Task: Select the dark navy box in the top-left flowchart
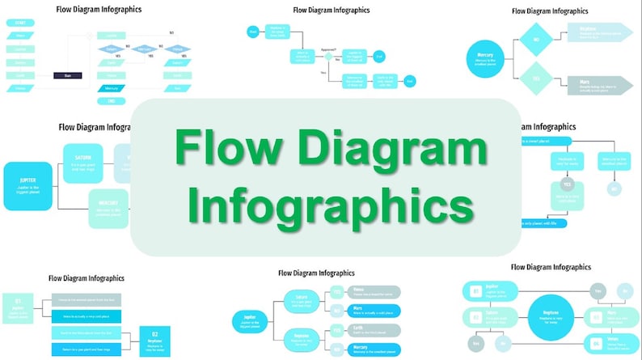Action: click(68, 75)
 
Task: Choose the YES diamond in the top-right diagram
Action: click(534, 78)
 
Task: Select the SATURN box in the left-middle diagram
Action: click(84, 162)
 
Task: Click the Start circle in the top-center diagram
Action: click(253, 32)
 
